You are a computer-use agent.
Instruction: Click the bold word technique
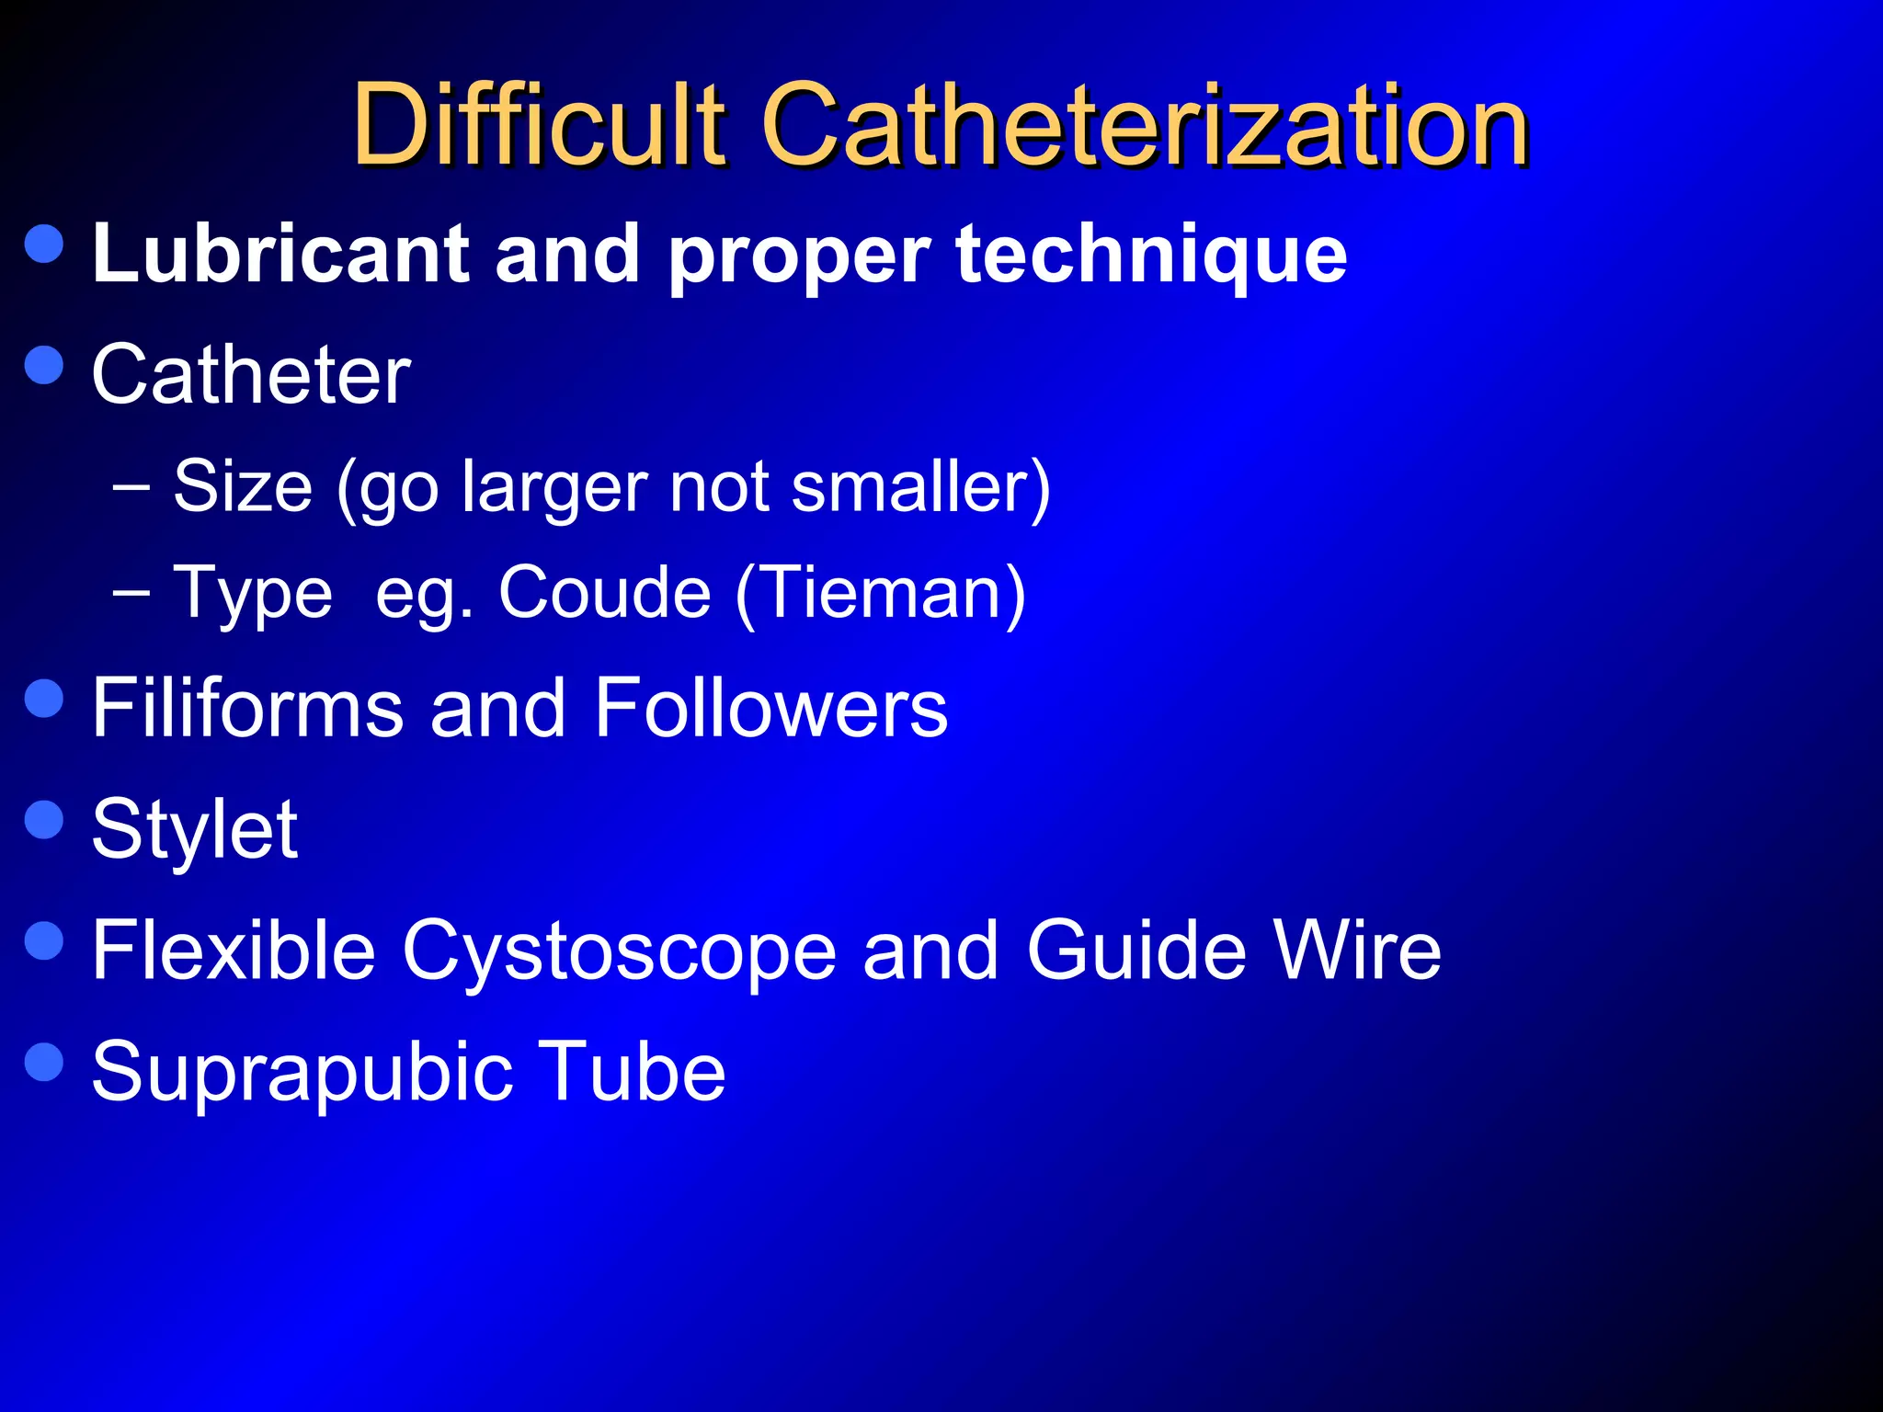(1151, 256)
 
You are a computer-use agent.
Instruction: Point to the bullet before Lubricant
(44, 244)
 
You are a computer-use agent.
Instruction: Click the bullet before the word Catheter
(44, 365)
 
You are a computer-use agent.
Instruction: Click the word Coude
(604, 592)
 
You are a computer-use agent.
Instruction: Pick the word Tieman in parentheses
(880, 592)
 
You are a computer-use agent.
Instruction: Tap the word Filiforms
(247, 707)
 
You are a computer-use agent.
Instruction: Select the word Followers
(770, 707)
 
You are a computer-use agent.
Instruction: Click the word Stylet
(194, 829)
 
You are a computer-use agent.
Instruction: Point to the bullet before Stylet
(44, 819)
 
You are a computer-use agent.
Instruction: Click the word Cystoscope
(619, 951)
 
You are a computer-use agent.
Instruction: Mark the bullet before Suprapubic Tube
(44, 1062)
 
